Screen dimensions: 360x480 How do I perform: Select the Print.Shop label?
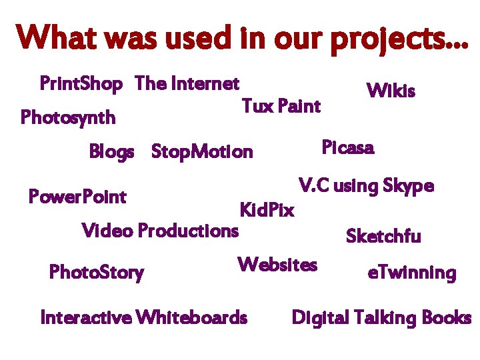pyautogui.click(x=81, y=84)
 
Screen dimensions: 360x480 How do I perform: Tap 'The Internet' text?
pyautogui.click(x=187, y=84)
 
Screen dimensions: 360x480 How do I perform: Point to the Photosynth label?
pyautogui.click(x=68, y=118)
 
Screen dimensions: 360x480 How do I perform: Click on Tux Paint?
pyautogui.click(x=281, y=106)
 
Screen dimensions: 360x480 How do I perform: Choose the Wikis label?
pyautogui.click(x=391, y=91)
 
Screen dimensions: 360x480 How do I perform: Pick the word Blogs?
pyautogui.click(x=111, y=152)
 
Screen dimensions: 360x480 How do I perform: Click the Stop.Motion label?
pyautogui.click(x=202, y=152)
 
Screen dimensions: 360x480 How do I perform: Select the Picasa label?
pyautogui.click(x=347, y=147)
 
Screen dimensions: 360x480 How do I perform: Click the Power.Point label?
pyautogui.click(x=77, y=197)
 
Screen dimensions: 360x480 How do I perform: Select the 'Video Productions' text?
pyautogui.click(x=159, y=231)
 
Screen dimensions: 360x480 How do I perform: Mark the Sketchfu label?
pyautogui.click(x=383, y=236)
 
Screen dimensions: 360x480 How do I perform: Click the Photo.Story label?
pyautogui.click(x=97, y=273)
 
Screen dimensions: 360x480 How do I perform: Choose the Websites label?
pyautogui.click(x=277, y=265)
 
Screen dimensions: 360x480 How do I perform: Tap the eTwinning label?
pyautogui.click(x=411, y=273)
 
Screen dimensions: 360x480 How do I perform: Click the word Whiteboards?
pyautogui.click(x=191, y=317)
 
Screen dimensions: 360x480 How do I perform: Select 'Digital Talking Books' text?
pyautogui.click(x=381, y=317)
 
